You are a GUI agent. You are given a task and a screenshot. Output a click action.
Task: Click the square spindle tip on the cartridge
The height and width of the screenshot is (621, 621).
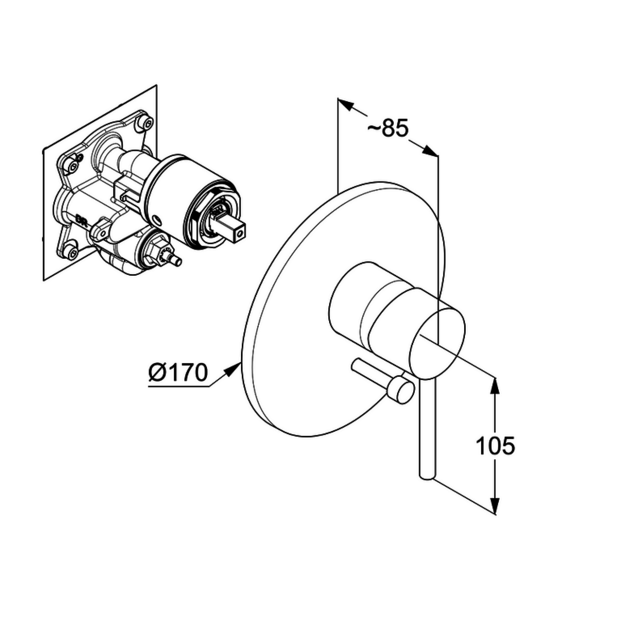coord(238,233)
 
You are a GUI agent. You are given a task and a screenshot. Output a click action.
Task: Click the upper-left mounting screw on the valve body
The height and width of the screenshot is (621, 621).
coord(73,167)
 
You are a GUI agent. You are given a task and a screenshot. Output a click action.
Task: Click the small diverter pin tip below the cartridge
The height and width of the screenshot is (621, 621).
coord(177,261)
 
